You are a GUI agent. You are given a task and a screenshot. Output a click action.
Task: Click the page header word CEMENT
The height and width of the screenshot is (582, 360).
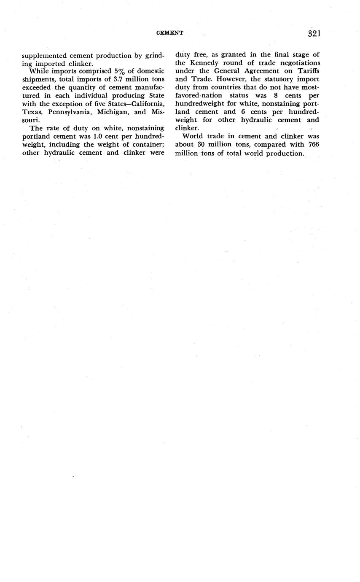pyautogui.click(x=169, y=33)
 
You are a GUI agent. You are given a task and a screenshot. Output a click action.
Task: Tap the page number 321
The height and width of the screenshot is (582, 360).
pyautogui.click(x=314, y=34)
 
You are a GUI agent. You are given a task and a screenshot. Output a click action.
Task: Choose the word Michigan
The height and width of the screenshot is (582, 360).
pyautogui.click(x=111, y=112)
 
